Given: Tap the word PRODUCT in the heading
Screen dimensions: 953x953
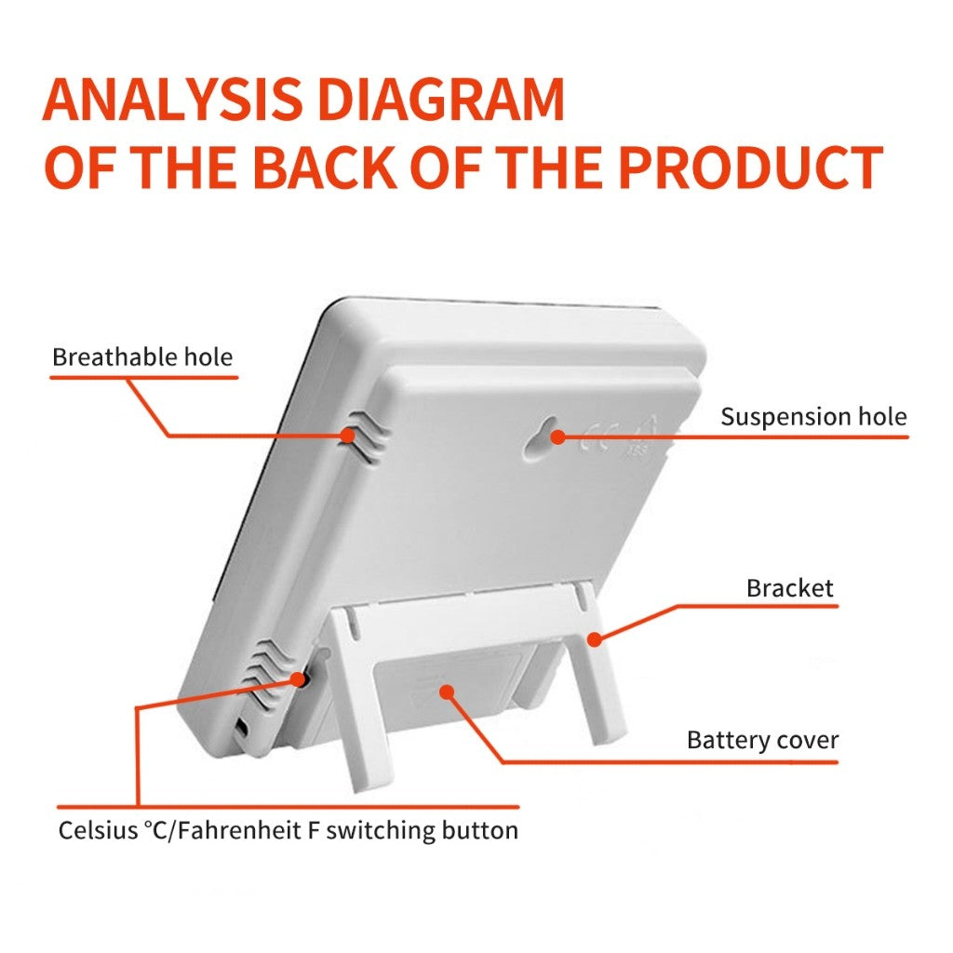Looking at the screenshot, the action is click(x=753, y=168).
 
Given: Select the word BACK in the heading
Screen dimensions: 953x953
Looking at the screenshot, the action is click(x=329, y=168).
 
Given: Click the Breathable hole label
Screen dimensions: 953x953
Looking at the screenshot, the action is click(x=142, y=356).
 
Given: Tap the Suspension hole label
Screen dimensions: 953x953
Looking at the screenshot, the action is click(x=813, y=417).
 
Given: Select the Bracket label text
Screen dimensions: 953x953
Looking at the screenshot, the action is click(x=790, y=588).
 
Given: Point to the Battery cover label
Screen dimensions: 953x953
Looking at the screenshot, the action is click(x=763, y=740).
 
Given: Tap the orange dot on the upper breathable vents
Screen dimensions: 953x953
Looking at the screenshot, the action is click(x=347, y=436).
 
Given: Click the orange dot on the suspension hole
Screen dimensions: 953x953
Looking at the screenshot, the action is click(x=558, y=436).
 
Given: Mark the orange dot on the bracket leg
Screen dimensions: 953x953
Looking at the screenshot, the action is click(x=595, y=639).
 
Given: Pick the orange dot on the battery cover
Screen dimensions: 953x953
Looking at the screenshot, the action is click(x=447, y=691).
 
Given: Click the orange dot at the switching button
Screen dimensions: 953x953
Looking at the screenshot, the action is click(x=297, y=679).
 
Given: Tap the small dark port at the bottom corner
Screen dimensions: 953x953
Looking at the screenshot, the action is click(x=241, y=727).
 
